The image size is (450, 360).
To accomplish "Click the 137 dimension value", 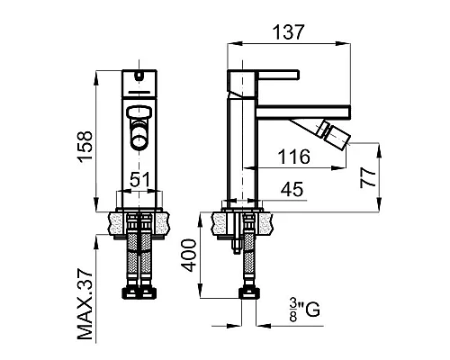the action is point(288,31).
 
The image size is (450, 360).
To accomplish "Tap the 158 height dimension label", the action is point(85,147).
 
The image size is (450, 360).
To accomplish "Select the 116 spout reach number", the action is point(293,157).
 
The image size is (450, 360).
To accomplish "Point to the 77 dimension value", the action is point(368,177).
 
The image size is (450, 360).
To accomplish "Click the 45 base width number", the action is point(292,189).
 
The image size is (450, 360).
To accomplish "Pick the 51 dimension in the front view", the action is point(139,180).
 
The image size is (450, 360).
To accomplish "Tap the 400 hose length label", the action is point(190,256).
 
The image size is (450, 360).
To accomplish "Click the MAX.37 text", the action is point(85,304).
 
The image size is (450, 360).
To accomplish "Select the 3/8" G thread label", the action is point(304,310).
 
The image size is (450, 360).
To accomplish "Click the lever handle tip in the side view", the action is point(298,75).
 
